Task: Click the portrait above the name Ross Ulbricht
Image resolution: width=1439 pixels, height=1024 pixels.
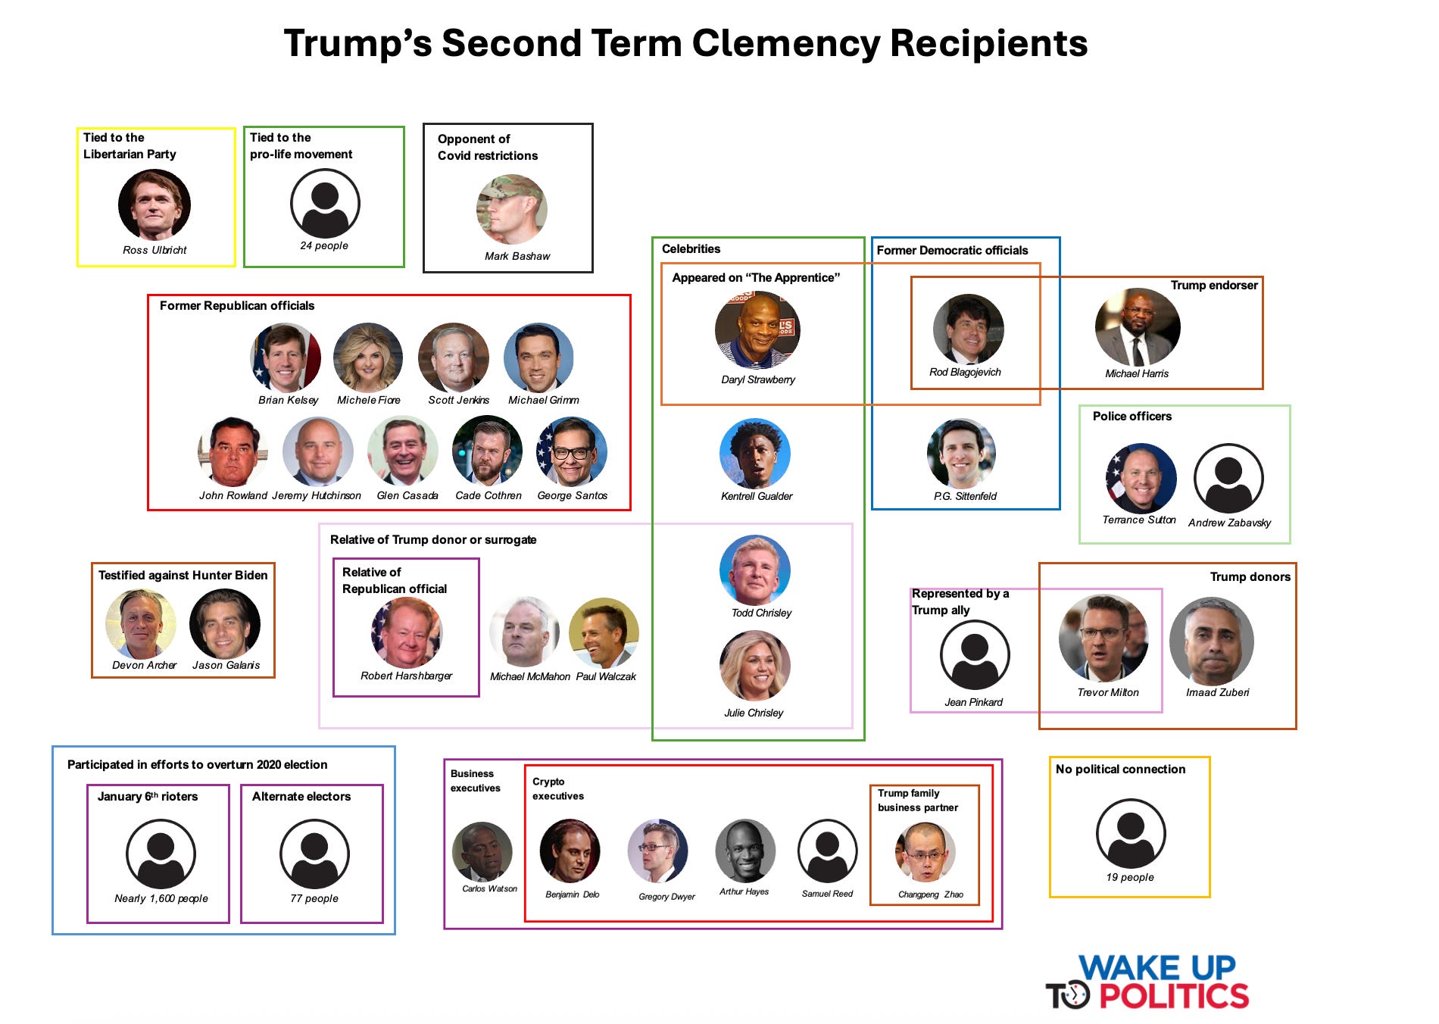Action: [x=155, y=204]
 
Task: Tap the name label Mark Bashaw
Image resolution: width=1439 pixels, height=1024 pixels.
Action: [x=517, y=256]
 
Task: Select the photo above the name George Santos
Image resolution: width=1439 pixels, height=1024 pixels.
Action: [x=572, y=451]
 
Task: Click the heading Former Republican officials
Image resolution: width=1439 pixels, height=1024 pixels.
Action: [x=237, y=306]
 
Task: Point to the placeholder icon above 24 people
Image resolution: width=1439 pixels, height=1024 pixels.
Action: [x=325, y=203]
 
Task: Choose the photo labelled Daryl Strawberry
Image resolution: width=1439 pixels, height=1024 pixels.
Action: [x=757, y=330]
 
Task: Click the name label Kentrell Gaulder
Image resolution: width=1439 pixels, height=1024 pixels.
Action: [x=757, y=496]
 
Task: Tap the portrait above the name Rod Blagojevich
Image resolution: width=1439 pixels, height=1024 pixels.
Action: [x=968, y=329]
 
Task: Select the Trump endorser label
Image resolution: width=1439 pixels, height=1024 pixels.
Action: [x=1214, y=286]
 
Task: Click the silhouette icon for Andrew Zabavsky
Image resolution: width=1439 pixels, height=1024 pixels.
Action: [x=1228, y=479]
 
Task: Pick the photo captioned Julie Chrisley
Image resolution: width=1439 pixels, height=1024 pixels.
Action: [x=754, y=666]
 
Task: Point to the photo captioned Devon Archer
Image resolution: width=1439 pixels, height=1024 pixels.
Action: [x=141, y=623]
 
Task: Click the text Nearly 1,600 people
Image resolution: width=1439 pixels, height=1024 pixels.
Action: [x=161, y=898]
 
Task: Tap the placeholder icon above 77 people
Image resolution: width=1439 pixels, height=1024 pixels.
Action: [x=314, y=854]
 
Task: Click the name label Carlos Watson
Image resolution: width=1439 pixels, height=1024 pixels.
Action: [x=490, y=888]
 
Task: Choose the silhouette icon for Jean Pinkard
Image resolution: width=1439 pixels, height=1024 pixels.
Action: [x=975, y=655]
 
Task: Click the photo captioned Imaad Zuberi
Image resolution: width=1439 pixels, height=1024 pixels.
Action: [x=1211, y=641]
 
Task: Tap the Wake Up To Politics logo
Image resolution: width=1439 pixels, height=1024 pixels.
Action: [x=1147, y=983]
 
